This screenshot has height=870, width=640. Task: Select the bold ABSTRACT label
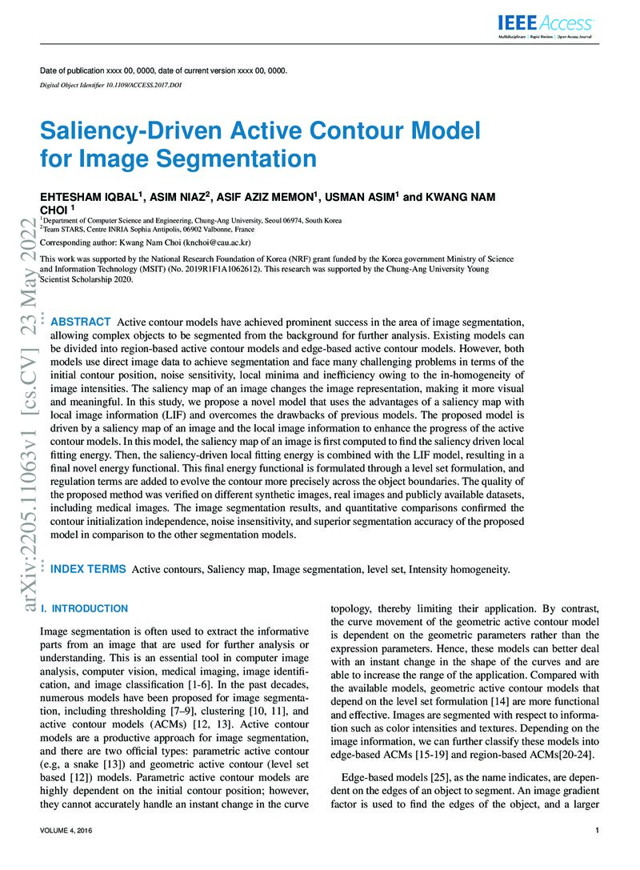81,322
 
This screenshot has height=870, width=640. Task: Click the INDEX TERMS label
88,568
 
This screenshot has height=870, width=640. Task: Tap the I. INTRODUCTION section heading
84,608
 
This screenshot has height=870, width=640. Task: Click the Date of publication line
163,70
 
